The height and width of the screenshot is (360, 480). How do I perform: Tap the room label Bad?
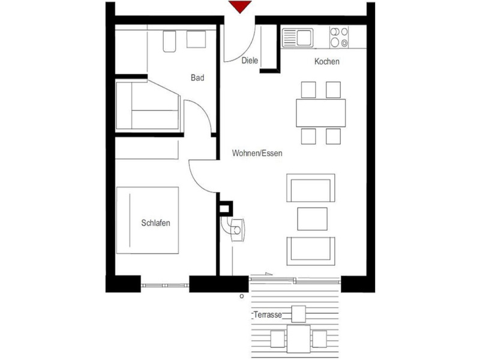[x=197, y=77]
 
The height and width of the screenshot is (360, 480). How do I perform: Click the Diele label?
[x=249, y=61]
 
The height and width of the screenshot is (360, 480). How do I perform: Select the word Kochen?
[x=327, y=61]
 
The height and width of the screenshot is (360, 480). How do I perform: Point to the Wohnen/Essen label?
[x=257, y=154]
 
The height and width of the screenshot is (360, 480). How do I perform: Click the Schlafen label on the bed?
[x=155, y=223]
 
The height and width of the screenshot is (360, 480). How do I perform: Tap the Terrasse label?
[x=267, y=315]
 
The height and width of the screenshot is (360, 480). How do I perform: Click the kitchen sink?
[x=296, y=37]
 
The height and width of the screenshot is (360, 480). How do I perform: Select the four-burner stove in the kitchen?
[x=339, y=37]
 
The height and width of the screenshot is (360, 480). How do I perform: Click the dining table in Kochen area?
[x=320, y=113]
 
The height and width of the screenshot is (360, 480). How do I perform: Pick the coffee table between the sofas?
[x=312, y=218]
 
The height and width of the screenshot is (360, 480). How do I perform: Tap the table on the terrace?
[x=299, y=338]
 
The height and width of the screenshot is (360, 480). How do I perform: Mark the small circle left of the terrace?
[x=241, y=296]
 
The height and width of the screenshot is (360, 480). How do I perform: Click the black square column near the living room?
[x=226, y=208]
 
